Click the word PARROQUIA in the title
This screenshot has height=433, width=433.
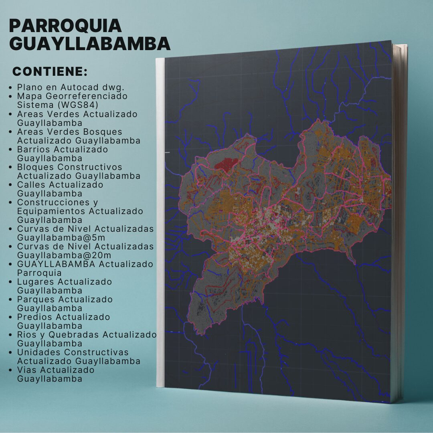click(x=65, y=26)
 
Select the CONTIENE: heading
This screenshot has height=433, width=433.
click(x=50, y=72)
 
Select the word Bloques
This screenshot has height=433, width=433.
click(x=35, y=167)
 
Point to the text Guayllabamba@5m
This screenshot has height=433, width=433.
click(x=61, y=237)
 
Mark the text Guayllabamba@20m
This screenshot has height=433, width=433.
click(x=64, y=255)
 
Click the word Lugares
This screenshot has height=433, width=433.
click(x=35, y=281)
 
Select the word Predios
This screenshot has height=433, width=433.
click(x=35, y=317)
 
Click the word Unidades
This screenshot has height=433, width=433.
click(x=38, y=352)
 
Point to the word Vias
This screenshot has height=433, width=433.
click(x=27, y=370)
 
